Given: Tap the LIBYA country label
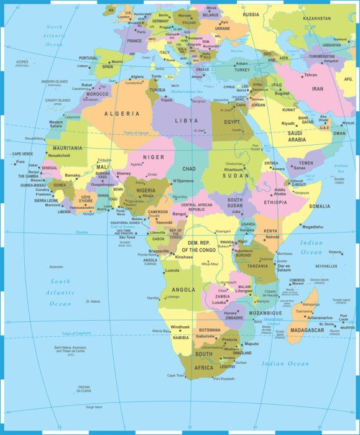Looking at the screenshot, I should (x=187, y=121).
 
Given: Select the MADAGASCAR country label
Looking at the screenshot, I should (x=307, y=331).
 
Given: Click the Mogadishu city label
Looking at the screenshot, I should (x=313, y=227).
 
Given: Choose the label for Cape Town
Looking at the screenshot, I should (x=176, y=375).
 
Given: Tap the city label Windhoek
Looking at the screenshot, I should (x=180, y=327).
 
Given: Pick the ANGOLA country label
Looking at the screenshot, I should (x=183, y=290).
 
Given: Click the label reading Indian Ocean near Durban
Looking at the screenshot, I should (x=285, y=364).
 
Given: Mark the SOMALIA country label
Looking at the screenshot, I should (x=320, y=206).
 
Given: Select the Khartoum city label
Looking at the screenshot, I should (x=234, y=169).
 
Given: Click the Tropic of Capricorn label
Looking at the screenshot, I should (x=76, y=333).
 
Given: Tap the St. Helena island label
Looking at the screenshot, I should (x=93, y=301).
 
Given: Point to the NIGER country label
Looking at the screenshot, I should (x=154, y=157).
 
